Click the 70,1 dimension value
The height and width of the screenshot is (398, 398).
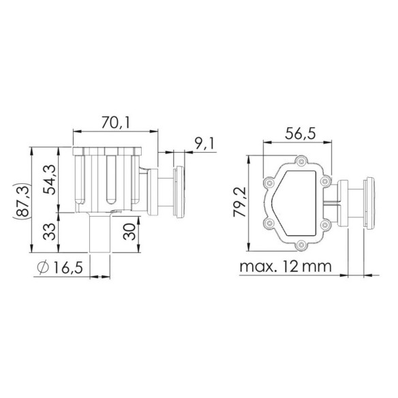pos(116,123)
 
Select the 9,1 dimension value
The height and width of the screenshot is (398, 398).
pos(204,143)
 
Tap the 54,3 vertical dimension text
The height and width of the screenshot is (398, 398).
pos(49,179)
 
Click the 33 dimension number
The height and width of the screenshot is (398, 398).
pos(49,232)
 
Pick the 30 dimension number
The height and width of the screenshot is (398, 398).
pos(129,232)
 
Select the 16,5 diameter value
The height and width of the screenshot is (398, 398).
pos(68,268)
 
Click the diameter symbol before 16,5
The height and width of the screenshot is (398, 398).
pos(43,267)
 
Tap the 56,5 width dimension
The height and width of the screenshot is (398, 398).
pos(301,134)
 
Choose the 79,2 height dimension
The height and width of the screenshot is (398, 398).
pos(240,202)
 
